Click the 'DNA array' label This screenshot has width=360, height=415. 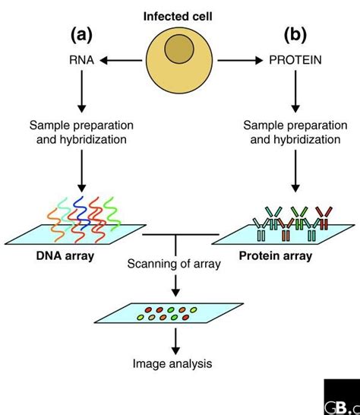(65, 256)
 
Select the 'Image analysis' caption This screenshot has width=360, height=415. (176, 363)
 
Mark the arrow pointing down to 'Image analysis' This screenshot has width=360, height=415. (176, 341)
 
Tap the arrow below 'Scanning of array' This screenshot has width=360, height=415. (176, 286)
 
